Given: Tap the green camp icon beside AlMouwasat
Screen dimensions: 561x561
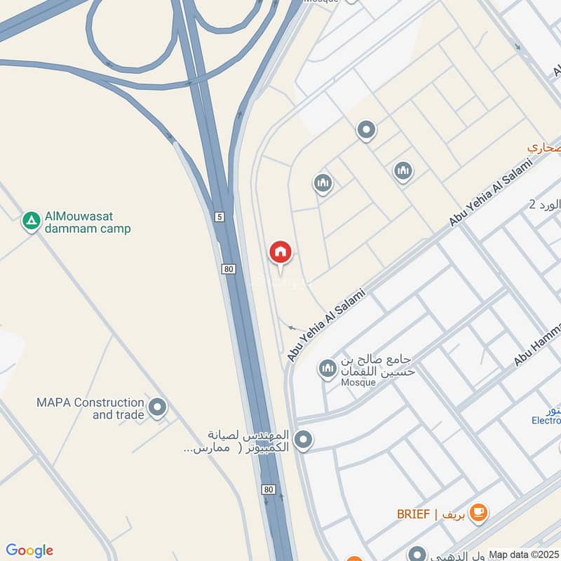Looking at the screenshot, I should coord(31,222).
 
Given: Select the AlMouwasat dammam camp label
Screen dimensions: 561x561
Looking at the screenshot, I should coord(87,222).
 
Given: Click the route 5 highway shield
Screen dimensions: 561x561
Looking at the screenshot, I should coord(219,217).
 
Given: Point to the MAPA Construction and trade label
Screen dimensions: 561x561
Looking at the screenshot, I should coord(90,408).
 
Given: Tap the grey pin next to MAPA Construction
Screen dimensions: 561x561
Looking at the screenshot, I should coord(158,407).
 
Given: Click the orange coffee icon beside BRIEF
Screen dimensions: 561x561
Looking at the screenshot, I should coord(479,513).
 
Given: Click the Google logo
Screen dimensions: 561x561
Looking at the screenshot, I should coord(29,550).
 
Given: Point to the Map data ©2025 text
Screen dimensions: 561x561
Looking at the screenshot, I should coord(523,554).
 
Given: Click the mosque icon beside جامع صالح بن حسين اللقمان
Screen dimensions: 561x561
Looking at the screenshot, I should coord(327,367).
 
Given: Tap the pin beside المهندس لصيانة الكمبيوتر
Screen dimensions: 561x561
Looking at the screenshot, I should coord(303,440).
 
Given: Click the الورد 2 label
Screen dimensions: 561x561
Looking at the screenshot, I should coord(545,205).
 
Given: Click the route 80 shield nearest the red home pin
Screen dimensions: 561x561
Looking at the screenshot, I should coord(229,269).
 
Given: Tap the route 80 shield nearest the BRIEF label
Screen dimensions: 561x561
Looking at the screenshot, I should coord(269,489).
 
